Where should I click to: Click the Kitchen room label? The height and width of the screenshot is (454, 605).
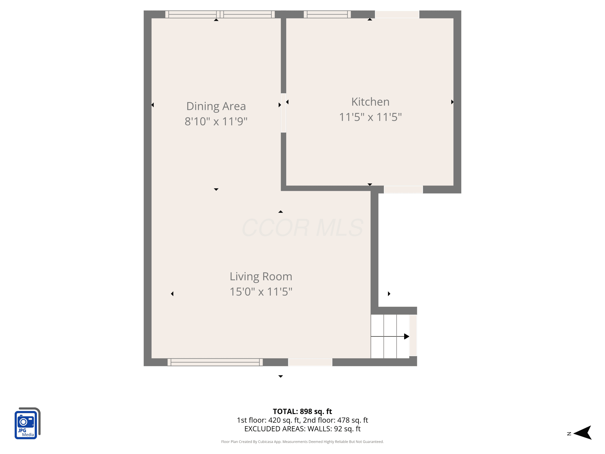tap(370, 102)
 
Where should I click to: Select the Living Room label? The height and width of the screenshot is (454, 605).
tap(261, 277)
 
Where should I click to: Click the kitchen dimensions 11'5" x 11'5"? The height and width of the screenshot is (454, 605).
tap(370, 117)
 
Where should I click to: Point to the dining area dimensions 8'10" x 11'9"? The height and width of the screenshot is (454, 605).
tap(216, 121)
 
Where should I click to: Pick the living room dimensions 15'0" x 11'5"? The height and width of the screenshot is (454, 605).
tap(261, 292)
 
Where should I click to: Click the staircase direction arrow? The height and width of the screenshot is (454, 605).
tap(390, 336)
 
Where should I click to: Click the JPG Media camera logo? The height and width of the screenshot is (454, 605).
tap(27, 423)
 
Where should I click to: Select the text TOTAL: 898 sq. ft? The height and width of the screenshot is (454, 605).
tap(302, 411)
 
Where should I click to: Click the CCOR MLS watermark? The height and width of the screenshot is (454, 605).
tap(302, 228)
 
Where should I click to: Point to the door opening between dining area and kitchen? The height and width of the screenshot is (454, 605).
tap(283, 113)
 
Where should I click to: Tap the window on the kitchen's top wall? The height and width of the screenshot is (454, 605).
tap(327, 14)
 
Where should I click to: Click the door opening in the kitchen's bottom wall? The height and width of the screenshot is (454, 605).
tap(403, 189)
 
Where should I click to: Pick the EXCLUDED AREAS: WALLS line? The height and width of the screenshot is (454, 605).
tap(302, 429)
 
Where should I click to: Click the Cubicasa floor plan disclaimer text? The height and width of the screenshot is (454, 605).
tap(302, 442)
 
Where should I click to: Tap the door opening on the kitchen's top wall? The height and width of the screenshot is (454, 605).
tap(397, 14)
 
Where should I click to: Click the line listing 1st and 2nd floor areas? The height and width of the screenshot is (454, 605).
tap(302, 420)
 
